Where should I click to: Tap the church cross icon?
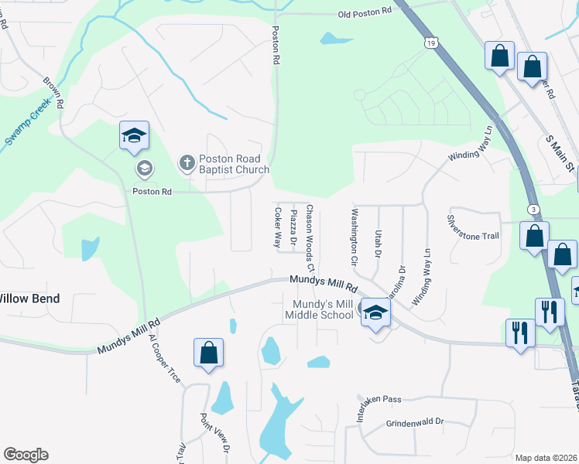click(x=187, y=163)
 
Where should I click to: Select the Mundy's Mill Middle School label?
click(x=319, y=309)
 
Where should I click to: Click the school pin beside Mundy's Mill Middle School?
click(x=375, y=312)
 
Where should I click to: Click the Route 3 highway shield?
click(x=533, y=210)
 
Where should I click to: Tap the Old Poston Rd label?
click(x=361, y=14)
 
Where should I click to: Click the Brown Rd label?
click(x=53, y=92)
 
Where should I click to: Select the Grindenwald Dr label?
click(x=415, y=422)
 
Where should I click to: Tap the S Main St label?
click(x=560, y=153)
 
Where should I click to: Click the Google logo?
click(x=26, y=455)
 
